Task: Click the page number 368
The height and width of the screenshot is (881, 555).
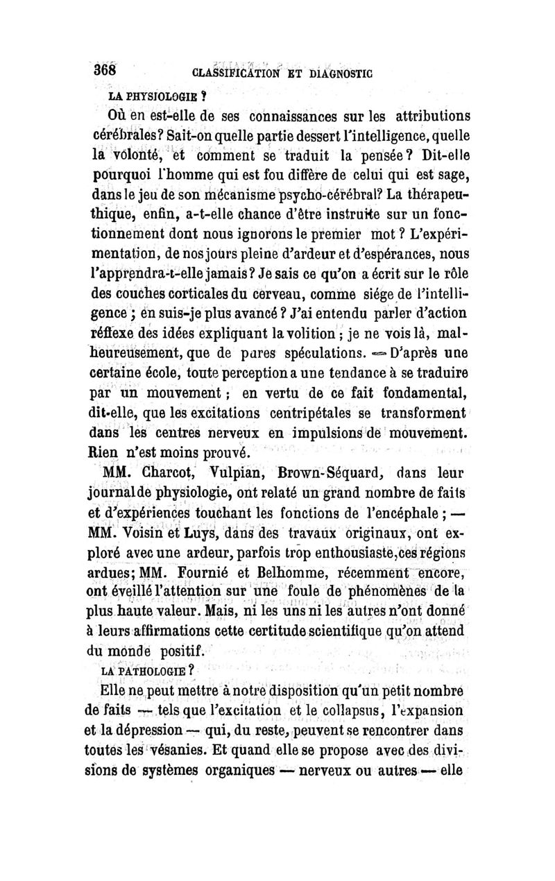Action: (x=108, y=71)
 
